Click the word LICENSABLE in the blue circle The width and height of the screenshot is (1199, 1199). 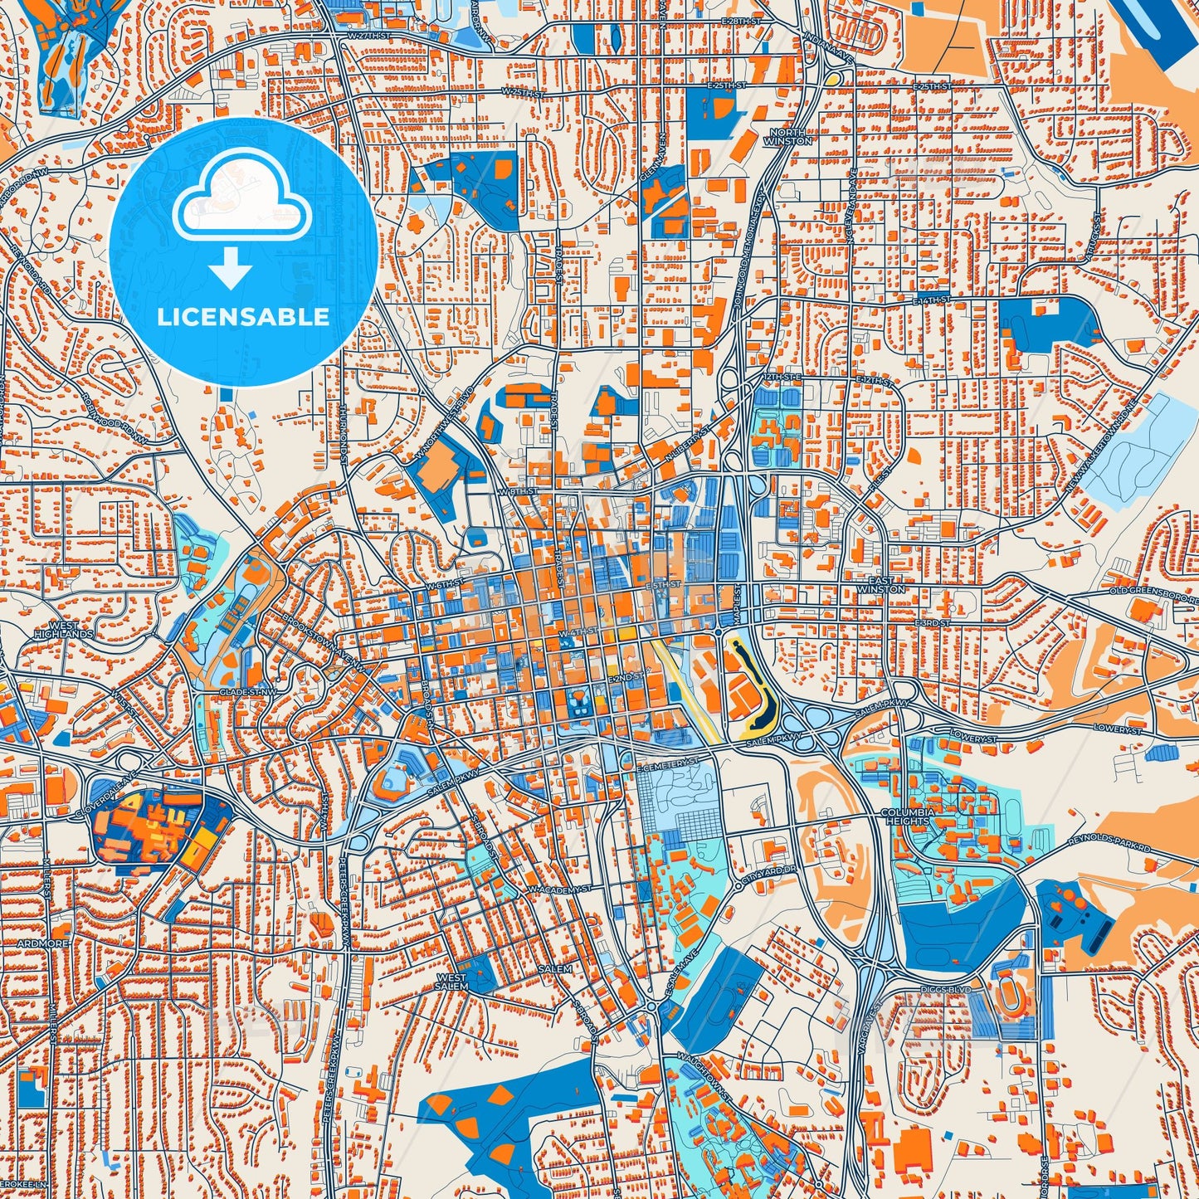pyautogui.click(x=242, y=317)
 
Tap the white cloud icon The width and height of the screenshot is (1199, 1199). pyautogui.click(x=241, y=199)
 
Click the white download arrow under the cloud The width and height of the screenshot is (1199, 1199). pyautogui.click(x=232, y=269)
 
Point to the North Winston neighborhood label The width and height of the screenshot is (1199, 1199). pyautogui.click(x=790, y=137)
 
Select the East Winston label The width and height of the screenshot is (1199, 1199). pyautogui.click(x=886, y=585)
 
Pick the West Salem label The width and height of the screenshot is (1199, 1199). pyautogui.click(x=452, y=982)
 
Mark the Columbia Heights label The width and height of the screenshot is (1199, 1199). pyautogui.click(x=907, y=816)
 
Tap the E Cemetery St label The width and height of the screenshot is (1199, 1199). pyautogui.click(x=667, y=760)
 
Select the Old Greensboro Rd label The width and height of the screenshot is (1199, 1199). pyautogui.click(x=1153, y=593)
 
